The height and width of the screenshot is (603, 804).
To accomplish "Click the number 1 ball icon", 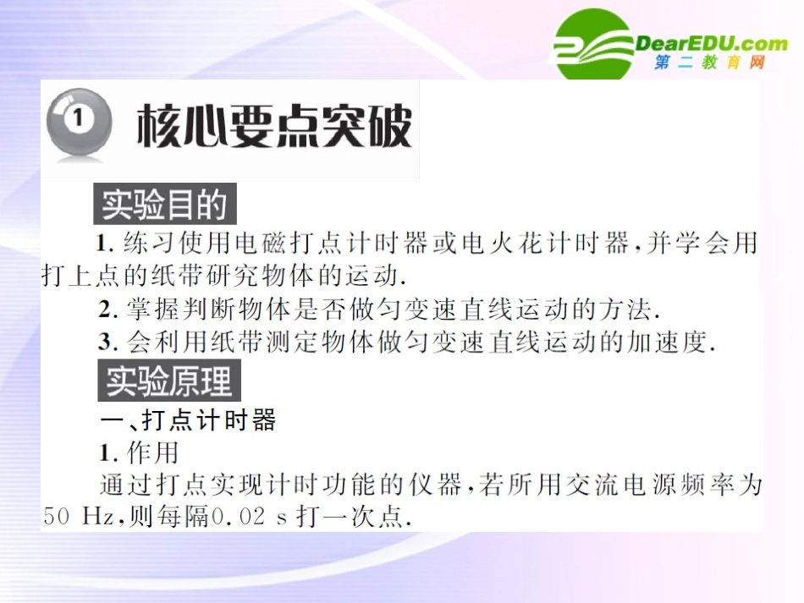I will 79,125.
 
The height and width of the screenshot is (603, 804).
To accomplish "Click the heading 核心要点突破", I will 274,126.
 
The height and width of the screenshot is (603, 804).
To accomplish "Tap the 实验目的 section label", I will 164,206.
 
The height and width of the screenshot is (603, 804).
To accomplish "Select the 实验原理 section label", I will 168,381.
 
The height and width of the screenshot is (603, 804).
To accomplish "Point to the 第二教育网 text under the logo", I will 709,63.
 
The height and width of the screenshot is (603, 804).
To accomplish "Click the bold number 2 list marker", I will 105,310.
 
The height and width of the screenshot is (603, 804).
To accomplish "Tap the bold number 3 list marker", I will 105,343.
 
